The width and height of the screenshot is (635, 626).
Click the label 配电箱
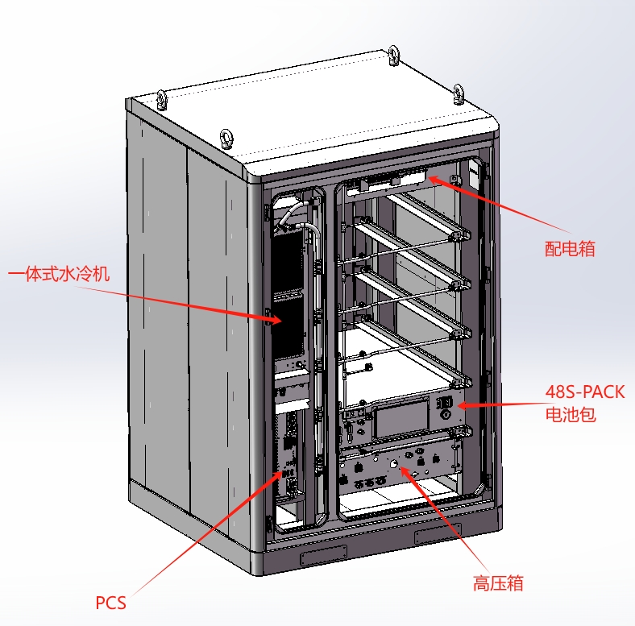pyautogui.click(x=570, y=249)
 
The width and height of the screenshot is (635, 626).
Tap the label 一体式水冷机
pyautogui.click(x=58, y=274)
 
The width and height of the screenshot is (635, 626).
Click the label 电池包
pyautogui.click(x=570, y=416)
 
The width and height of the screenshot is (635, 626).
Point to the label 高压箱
pyautogui.click(x=498, y=582)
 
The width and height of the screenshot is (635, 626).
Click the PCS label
pyautogui.click(x=111, y=602)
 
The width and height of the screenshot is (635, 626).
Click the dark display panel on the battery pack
pyautogui.click(x=400, y=420)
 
